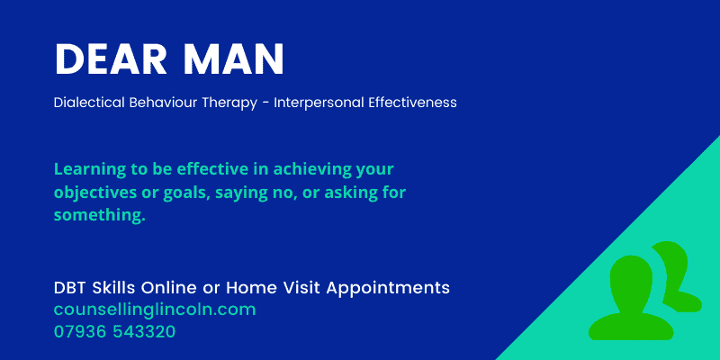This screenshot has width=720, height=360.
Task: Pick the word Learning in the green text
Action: point(86,169)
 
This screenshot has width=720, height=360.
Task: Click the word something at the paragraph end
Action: point(99,215)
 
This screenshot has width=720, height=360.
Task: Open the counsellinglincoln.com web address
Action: point(155,310)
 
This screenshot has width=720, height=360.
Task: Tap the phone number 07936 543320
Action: point(114,331)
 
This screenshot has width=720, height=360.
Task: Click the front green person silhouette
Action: point(627,297)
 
